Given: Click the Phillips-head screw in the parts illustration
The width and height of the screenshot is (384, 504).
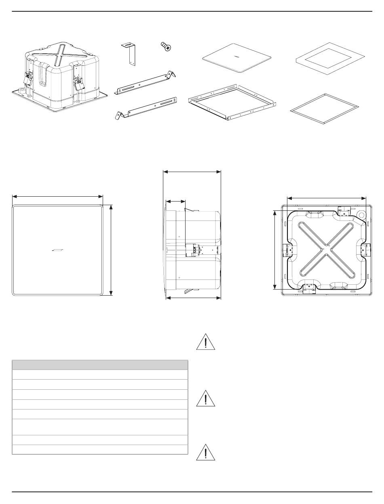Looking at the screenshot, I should click(165, 47).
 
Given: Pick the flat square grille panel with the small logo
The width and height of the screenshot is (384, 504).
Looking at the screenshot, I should click(236, 57).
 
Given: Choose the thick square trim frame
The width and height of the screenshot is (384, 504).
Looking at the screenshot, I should click(327, 58).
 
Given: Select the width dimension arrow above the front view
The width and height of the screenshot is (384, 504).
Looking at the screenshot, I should click(58, 197).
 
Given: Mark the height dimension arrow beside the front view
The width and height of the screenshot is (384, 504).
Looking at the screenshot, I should click(111, 250).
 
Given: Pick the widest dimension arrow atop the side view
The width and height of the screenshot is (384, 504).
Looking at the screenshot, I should click(192, 171).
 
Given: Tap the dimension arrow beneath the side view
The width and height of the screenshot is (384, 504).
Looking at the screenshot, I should click(194, 298).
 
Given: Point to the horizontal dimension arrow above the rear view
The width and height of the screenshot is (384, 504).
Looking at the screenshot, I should click(326, 198).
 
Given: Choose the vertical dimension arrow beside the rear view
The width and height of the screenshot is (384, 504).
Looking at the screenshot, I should click(275, 250).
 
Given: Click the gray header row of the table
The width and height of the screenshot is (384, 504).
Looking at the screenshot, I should click(100, 365).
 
